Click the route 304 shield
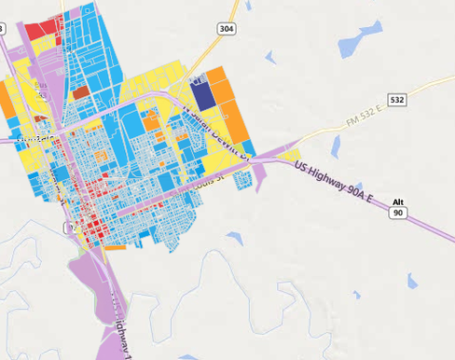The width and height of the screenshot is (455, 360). (227, 29)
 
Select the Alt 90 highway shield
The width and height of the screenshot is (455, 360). (398, 208)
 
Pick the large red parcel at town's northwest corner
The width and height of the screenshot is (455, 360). (41, 29)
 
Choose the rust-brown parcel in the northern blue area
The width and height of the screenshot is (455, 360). (81, 92)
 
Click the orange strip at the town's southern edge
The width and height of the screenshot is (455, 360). (116, 247)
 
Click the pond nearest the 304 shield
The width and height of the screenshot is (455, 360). (270, 58)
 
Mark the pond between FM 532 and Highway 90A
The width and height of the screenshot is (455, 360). (335, 145)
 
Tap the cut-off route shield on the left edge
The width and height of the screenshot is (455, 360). (2, 29)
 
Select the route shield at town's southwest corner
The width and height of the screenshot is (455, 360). (69, 228)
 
